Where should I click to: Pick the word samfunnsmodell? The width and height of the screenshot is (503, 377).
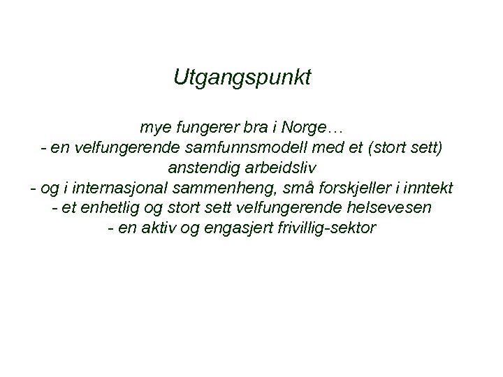242,148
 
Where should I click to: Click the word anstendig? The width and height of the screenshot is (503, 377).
202,168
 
